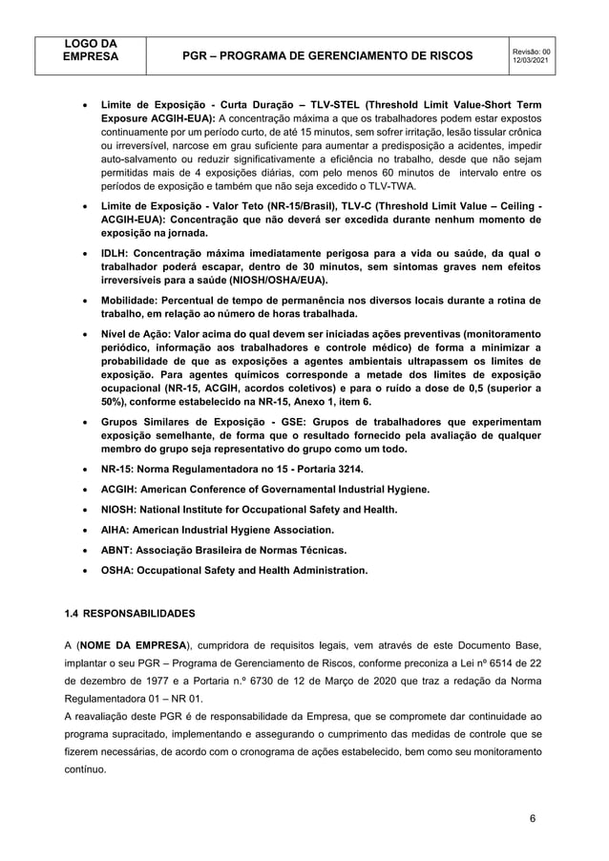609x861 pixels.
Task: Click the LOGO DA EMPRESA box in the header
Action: [x=90, y=50]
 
